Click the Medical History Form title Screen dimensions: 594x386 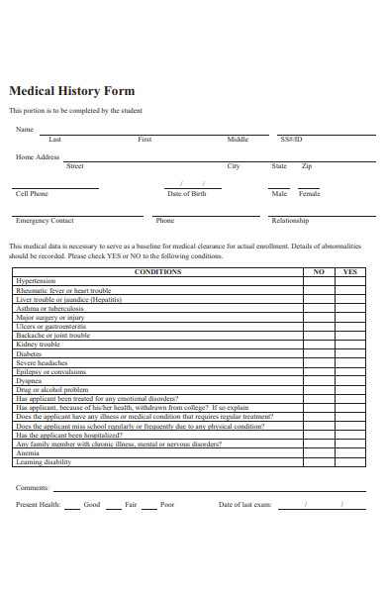[71, 90]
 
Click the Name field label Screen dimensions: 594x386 [24, 129]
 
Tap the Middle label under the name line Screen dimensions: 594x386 [238, 140]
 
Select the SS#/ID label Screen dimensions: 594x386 [291, 140]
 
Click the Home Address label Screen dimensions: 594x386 [38, 157]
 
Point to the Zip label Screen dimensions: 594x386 [307, 166]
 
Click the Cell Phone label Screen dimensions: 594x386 [32, 194]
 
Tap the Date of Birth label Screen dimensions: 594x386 [187, 194]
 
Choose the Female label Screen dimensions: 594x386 [309, 194]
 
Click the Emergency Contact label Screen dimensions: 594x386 [45, 221]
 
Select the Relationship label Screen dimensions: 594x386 [290, 221]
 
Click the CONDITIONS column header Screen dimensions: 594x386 [157, 271]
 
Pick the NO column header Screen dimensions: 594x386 [318, 271]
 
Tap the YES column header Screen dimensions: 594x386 [349, 271]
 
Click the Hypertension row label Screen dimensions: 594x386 [36, 281]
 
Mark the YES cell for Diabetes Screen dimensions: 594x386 [349, 353]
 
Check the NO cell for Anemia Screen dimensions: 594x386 [318, 453]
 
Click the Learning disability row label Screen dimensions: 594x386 [44, 462]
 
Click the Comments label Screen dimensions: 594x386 [32, 488]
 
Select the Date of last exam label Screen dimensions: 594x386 [244, 505]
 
